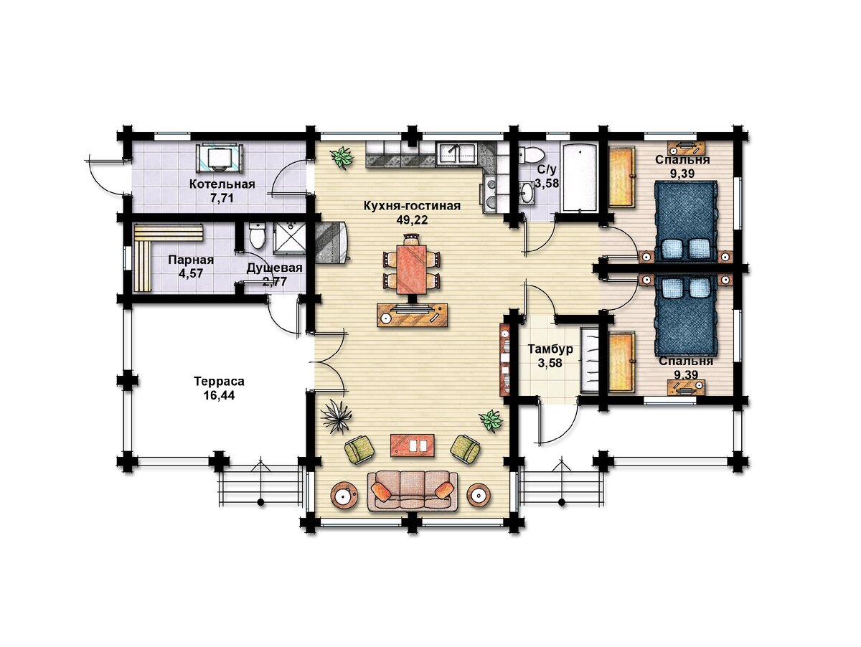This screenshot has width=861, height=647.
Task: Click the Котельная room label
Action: click(x=222, y=184)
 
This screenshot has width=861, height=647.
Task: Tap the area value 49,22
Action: click(x=412, y=220)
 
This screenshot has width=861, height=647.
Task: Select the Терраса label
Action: click(x=220, y=381)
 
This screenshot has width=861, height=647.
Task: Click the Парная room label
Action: click(x=191, y=260)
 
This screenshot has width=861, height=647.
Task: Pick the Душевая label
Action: click(x=275, y=268)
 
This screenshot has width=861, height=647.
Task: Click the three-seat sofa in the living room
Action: click(x=412, y=491)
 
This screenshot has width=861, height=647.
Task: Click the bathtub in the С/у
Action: click(x=578, y=178)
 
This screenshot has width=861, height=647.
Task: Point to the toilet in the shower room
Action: click(x=258, y=236)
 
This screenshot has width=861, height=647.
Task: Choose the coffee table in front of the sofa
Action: click(x=413, y=445)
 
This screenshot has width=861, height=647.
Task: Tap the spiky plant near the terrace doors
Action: click(x=337, y=415)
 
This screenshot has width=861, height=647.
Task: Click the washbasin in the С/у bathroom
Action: click(x=527, y=192)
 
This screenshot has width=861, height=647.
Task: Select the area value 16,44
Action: click(x=220, y=395)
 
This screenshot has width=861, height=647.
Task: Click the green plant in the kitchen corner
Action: click(x=342, y=158)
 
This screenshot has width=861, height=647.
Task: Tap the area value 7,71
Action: click(x=222, y=199)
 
